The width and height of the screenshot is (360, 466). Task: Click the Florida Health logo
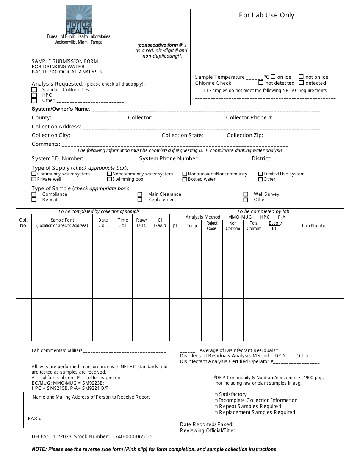pyautogui.click(x=79, y=19)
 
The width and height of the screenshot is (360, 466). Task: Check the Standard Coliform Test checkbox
pyautogui.click(x=34, y=90)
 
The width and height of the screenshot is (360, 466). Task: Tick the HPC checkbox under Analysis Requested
pyautogui.click(x=34, y=95)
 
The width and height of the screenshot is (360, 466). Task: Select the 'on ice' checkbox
pyautogui.click(x=274, y=77)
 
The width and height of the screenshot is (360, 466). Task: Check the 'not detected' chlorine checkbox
pyautogui.click(x=261, y=83)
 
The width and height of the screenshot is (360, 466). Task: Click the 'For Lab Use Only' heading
pyautogui.click(x=266, y=15)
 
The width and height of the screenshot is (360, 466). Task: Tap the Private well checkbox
pyautogui.click(x=34, y=179)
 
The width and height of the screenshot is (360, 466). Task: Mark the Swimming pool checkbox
pyautogui.click(x=110, y=179)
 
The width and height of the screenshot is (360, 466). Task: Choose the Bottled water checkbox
pyautogui.click(x=185, y=179)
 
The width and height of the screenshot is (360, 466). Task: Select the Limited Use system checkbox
pyautogui.click(x=261, y=174)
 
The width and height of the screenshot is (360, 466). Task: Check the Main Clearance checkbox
pyautogui.click(x=140, y=194)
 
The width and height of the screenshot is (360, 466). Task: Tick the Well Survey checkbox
pyautogui.click(x=246, y=194)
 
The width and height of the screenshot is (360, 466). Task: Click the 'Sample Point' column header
pyautogui.click(x=62, y=223)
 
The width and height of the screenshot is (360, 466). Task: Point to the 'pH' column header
pyautogui.click(x=176, y=225)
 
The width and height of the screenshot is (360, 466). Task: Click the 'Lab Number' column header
pyautogui.click(x=315, y=226)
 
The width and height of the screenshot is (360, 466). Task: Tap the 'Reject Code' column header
pyautogui.click(x=211, y=226)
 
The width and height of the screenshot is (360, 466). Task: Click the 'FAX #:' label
pyautogui.click(x=35, y=419)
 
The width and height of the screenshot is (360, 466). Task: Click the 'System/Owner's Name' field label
pyautogui.click(x=61, y=109)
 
